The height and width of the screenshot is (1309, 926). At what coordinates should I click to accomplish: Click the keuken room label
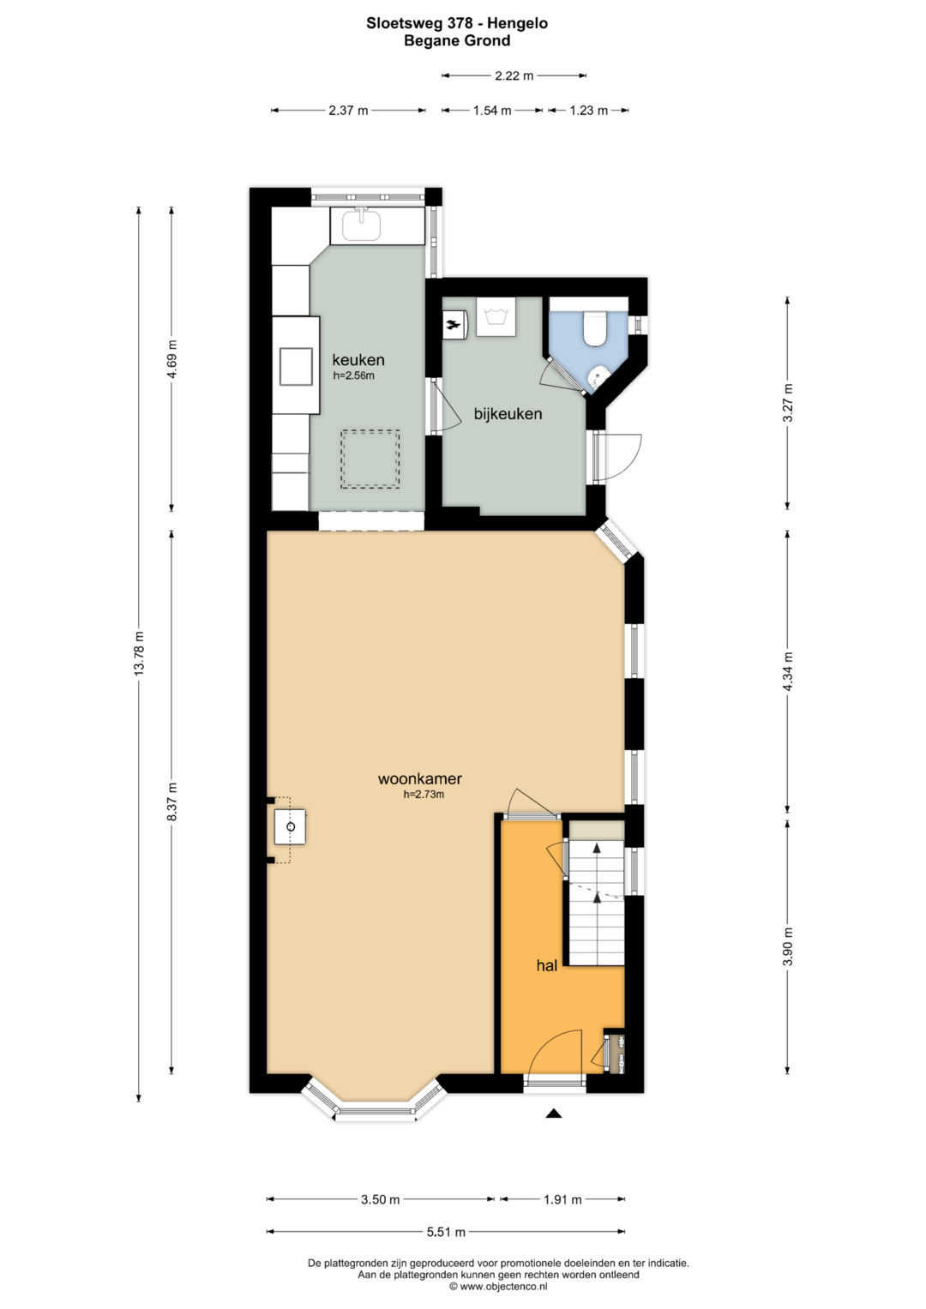point(358,359)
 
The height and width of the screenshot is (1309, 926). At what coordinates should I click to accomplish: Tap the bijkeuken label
point(508,414)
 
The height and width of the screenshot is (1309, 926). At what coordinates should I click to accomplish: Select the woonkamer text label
point(420,778)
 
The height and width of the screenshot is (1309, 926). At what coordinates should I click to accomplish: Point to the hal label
point(547,966)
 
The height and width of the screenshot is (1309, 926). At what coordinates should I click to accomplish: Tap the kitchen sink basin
point(361,225)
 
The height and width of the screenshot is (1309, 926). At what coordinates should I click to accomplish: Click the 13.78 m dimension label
point(139,652)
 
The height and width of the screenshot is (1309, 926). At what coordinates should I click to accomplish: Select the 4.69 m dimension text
point(171,359)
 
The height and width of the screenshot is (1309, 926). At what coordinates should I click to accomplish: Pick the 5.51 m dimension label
point(446,1232)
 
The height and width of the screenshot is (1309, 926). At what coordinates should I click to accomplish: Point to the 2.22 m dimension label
point(514,75)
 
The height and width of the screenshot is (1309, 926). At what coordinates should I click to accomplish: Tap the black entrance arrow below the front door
point(554,1114)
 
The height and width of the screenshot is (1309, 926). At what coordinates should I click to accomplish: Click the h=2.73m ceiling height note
point(424,794)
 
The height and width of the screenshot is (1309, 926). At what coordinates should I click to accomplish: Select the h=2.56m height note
point(353,375)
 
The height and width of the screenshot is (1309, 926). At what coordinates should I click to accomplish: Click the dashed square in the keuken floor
point(370,459)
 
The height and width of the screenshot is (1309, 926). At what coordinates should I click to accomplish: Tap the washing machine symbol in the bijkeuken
point(496,316)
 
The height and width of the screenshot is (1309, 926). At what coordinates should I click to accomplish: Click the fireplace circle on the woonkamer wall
point(292,827)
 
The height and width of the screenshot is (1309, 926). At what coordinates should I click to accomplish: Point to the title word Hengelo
point(517,23)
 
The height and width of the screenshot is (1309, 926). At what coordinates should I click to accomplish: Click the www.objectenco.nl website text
point(498,1286)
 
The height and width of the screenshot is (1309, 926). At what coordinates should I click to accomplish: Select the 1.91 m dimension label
point(562,1200)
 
